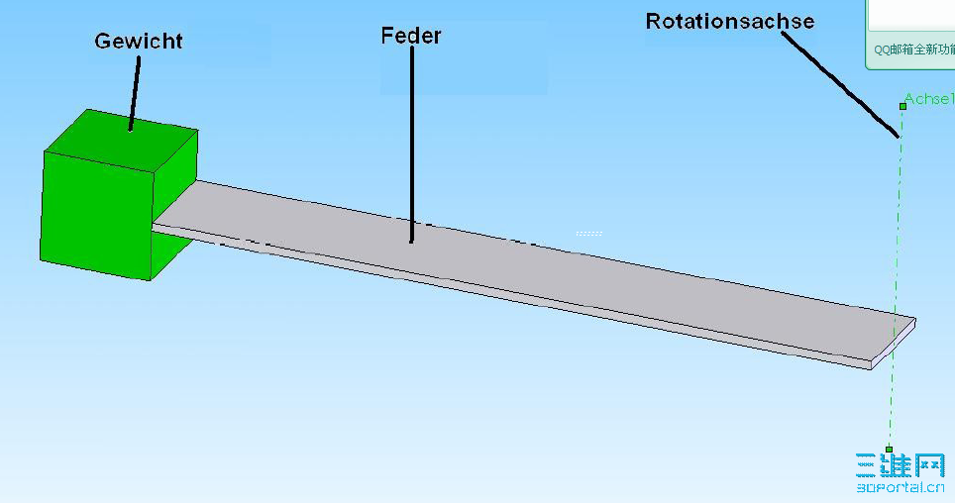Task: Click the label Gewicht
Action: [138, 42]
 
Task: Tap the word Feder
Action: [410, 36]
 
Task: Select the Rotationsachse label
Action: [729, 21]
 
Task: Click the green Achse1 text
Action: [929, 100]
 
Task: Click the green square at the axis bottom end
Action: [889, 449]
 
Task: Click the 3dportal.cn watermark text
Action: [900, 487]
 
